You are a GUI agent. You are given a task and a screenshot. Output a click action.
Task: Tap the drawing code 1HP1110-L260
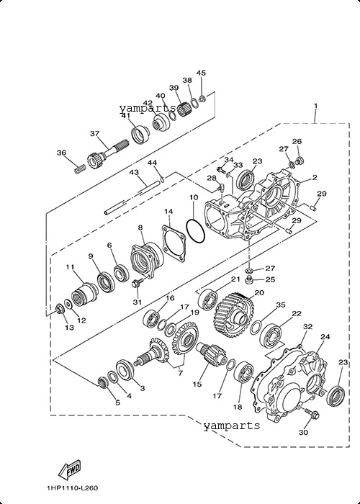72,488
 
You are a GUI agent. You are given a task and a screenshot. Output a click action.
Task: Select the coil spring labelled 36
80,168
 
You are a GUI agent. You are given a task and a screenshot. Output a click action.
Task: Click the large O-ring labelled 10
195,231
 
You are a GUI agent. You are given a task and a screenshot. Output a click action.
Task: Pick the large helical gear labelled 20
234,315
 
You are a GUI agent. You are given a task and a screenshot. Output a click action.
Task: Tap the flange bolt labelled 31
138,284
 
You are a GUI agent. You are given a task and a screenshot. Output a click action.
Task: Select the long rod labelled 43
132,198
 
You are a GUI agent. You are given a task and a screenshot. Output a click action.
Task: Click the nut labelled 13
59,309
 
